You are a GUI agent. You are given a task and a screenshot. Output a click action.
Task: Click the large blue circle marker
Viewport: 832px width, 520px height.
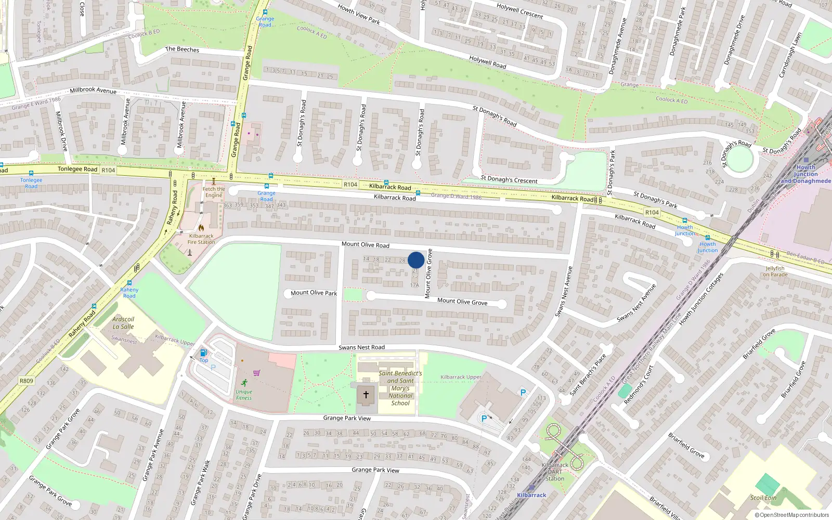pyautogui.click(x=416, y=260)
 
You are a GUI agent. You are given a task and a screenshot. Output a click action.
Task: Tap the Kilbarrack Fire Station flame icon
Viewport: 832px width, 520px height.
pyautogui.click(x=201, y=227)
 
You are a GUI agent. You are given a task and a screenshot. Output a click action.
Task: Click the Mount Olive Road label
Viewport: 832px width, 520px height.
pyautogui.click(x=365, y=244)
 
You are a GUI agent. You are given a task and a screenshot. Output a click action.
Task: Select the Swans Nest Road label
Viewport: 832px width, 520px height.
pyautogui.click(x=361, y=347)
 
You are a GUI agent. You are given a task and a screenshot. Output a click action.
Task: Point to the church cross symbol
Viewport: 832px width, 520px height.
pyautogui.click(x=366, y=395)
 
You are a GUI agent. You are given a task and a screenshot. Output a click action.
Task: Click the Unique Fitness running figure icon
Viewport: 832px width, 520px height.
pyautogui.click(x=244, y=382)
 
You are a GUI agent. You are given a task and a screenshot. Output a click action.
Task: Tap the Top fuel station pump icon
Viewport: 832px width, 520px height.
pyautogui.click(x=203, y=353)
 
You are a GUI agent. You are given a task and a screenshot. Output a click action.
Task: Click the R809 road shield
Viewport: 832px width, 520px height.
pyautogui.click(x=27, y=381)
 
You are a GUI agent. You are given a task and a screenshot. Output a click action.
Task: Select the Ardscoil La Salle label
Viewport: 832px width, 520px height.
pyautogui.click(x=123, y=323)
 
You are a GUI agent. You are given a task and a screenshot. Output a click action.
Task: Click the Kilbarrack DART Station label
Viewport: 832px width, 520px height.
pyautogui.click(x=555, y=472)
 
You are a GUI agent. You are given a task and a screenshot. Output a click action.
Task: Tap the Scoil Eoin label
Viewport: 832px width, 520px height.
pyautogui.click(x=763, y=498)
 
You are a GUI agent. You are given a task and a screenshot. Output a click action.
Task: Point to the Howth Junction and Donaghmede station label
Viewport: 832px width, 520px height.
pyautogui.click(x=805, y=174)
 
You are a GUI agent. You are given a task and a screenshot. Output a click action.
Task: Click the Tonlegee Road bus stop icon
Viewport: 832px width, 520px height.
pyautogui.click(x=31, y=173)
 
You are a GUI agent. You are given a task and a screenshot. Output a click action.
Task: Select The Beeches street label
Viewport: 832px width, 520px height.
pyautogui.click(x=182, y=49)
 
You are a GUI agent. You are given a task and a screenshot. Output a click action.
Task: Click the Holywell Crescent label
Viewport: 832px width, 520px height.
pyautogui.click(x=519, y=11)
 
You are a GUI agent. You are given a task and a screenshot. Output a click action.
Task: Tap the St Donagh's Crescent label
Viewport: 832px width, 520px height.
pyautogui.click(x=509, y=180)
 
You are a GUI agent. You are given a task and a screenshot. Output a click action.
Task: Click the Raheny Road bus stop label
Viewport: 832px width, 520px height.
pyautogui.click(x=129, y=293)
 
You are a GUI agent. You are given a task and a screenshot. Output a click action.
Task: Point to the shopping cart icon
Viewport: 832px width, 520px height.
pyautogui.click(x=256, y=373)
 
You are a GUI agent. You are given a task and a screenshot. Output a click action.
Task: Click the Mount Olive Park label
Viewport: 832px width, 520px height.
pyautogui.click(x=314, y=293)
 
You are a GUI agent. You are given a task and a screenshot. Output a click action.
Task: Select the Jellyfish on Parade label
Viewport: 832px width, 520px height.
pyautogui.click(x=775, y=271)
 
